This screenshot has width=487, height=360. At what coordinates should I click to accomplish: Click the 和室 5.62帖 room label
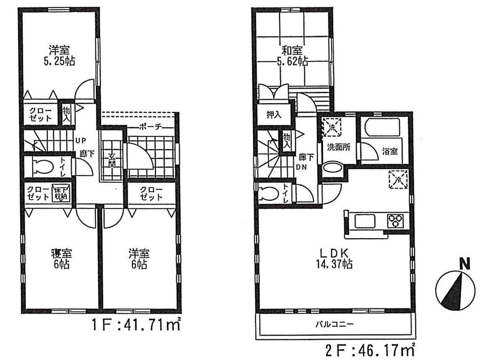pyautogui.click(x=292, y=56)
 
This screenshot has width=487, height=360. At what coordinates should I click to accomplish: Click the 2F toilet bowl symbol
pyautogui.click(x=268, y=194)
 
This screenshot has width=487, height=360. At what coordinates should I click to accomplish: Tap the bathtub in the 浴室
pyautogui.click(x=383, y=127)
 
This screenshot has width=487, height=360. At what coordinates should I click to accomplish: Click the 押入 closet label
pyautogui.click(x=274, y=115)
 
